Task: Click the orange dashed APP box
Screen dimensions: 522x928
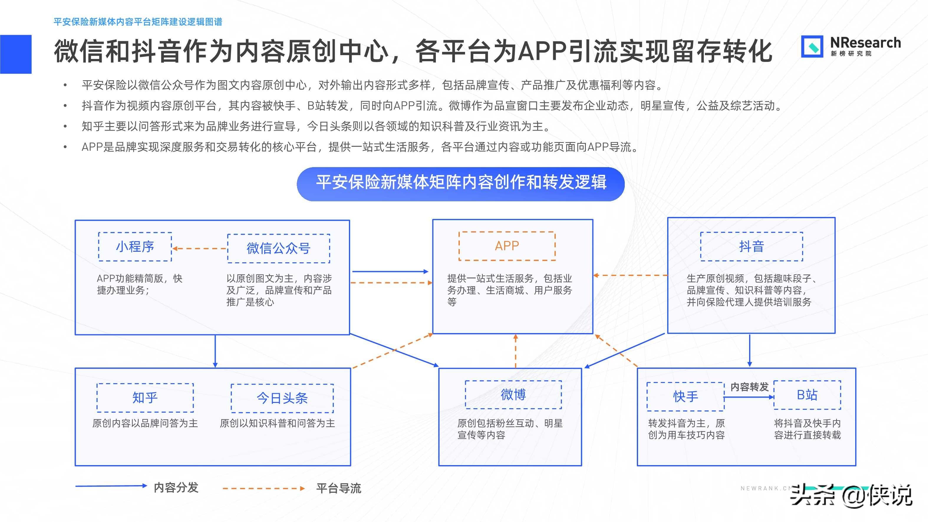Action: pos(507,246)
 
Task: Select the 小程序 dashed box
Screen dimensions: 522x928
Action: pos(135,247)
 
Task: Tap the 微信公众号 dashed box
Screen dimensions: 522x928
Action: pos(278,248)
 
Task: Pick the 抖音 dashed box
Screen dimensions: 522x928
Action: pos(751,246)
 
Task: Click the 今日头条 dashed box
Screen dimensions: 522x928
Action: pos(282,398)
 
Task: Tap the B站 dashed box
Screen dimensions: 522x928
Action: pos(807,395)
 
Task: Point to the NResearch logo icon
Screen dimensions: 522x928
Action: pos(812,47)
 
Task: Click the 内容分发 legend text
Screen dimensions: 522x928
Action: pos(176,488)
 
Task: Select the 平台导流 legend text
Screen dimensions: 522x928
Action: pos(338,488)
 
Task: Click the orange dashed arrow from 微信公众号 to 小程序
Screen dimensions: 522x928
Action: pos(200,248)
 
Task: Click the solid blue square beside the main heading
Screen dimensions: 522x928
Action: pos(16,54)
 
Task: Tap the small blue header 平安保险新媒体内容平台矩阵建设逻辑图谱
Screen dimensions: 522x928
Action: pos(138,22)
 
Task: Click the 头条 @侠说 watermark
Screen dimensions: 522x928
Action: pos(850,496)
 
